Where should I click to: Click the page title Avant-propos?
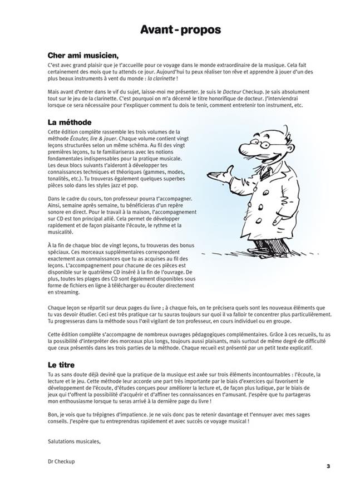click(180, 29)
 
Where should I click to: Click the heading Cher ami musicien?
click(83, 56)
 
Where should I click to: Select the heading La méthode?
click(70, 121)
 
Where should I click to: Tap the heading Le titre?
click(62, 364)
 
